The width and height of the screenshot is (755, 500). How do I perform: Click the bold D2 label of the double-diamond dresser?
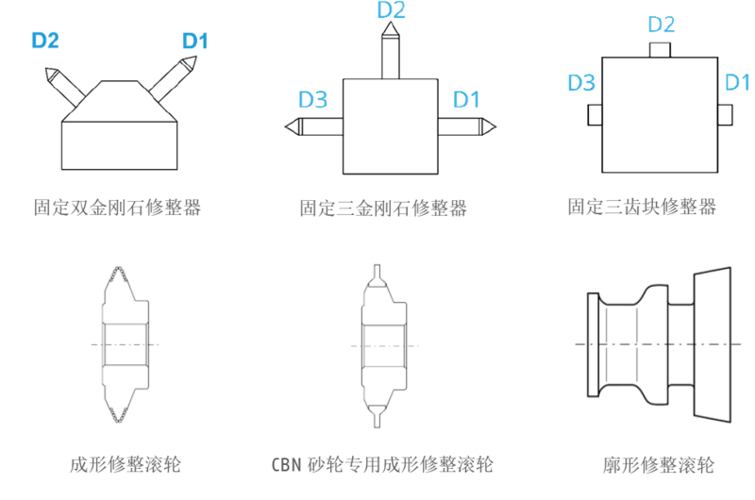(45, 41)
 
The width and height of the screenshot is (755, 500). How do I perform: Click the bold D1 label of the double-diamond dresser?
(195, 41)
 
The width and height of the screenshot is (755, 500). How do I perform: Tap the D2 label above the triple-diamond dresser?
(391, 10)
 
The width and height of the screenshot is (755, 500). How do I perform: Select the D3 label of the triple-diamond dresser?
(313, 100)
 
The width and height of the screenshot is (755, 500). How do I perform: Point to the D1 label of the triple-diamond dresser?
(466, 100)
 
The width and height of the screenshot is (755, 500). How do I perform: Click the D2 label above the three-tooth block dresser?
(662, 25)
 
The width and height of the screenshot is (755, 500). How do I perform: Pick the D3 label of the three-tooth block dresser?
(581, 83)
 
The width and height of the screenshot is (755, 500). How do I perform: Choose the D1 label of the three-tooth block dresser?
(737, 82)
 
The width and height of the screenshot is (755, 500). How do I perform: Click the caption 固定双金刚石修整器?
(117, 208)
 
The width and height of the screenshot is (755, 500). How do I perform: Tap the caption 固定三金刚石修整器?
(383, 208)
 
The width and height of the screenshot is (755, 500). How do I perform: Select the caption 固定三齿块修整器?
(642, 207)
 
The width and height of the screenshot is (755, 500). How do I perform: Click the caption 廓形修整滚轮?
(658, 465)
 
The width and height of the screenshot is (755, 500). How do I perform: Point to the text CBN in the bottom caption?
(286, 465)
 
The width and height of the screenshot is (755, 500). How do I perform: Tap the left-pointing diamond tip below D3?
(292, 127)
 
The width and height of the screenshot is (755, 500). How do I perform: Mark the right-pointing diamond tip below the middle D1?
(488, 126)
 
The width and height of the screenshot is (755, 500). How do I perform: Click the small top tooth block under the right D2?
(660, 50)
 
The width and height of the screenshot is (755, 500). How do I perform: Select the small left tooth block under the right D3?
(596, 115)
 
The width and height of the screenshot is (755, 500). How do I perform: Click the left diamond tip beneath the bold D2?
(51, 75)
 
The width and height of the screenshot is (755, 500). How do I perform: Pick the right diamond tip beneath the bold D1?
(189, 63)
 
